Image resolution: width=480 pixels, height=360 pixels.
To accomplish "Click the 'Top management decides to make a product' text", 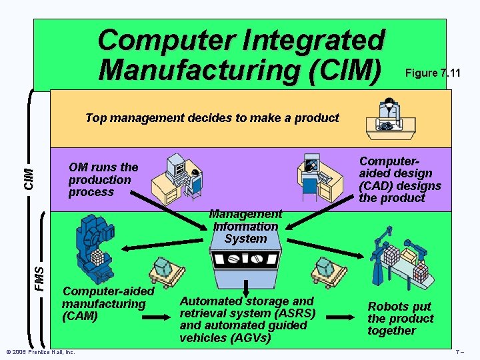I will tap(212, 118).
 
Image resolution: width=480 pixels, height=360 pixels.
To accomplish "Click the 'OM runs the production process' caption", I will tap(103, 179).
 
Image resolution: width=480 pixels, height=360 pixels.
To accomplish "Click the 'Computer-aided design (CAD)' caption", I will tap(400, 179).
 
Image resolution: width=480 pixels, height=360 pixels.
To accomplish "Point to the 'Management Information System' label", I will tap(245, 226).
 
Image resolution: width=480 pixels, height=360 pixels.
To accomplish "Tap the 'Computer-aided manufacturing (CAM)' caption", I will tap(107, 303).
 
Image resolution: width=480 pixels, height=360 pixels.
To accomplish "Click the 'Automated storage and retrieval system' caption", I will tap(247, 319).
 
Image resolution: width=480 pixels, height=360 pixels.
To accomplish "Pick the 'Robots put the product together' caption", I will tap(400, 318).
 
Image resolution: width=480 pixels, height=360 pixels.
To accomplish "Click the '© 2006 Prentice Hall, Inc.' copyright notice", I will tap(39, 352).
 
